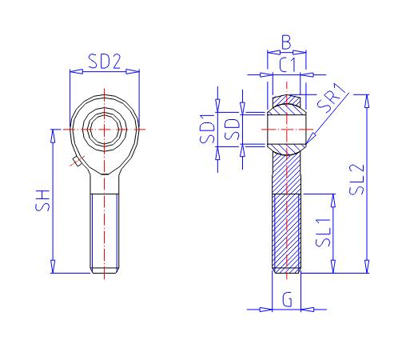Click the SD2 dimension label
[105, 61]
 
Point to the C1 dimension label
[288, 64]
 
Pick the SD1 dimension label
[206, 129]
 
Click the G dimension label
[287, 299]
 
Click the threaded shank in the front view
[105, 232]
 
